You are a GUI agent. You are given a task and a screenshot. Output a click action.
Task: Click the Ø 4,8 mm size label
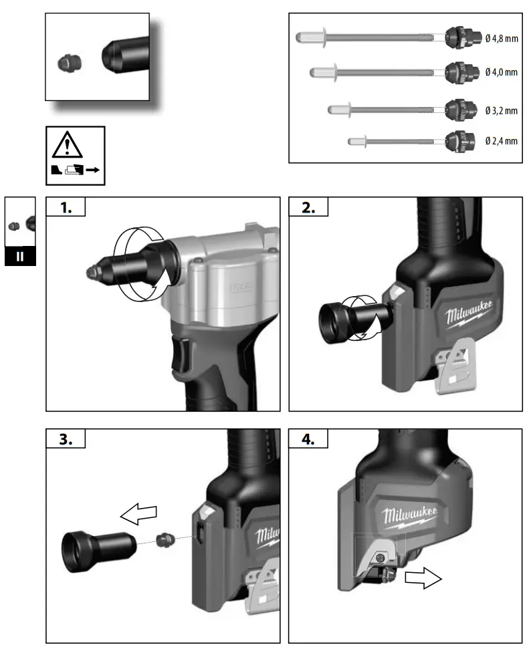502,38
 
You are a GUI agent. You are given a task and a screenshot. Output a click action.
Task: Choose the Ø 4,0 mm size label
502,72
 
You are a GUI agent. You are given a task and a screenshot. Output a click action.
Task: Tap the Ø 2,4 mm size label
502,140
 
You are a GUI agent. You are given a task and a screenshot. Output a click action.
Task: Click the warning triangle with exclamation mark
66,144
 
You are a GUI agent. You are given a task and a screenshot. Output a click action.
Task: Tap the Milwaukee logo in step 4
410,515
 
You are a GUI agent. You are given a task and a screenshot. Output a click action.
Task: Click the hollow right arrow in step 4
423,579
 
